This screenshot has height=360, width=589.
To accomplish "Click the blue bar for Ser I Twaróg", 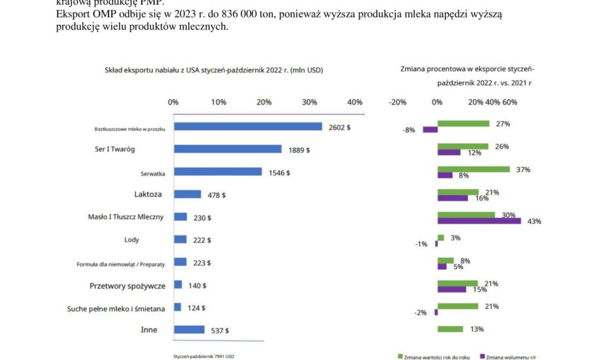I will point(227,149).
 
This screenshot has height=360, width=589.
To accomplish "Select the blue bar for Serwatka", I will point(217,172).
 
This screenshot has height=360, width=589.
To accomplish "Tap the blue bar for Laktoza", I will point(187,194).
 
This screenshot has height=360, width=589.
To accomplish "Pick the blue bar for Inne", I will point(188,329).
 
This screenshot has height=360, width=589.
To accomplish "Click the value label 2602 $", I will point(339,127).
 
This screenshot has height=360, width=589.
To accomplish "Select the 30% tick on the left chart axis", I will point(310,102).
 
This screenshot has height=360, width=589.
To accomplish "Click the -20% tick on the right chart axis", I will point(397,102).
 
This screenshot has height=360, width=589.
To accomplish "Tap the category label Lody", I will point(131,240).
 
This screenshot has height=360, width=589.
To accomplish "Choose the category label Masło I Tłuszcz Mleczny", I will point(126,217).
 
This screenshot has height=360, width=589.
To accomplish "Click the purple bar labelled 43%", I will point(479,221).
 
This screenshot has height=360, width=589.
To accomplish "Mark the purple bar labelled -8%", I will point(430,130).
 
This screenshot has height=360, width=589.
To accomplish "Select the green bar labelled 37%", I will point(473,170).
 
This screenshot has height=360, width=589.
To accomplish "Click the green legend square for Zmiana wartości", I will point(400,356).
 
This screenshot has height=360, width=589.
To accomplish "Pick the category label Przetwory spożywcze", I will point(127,285).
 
